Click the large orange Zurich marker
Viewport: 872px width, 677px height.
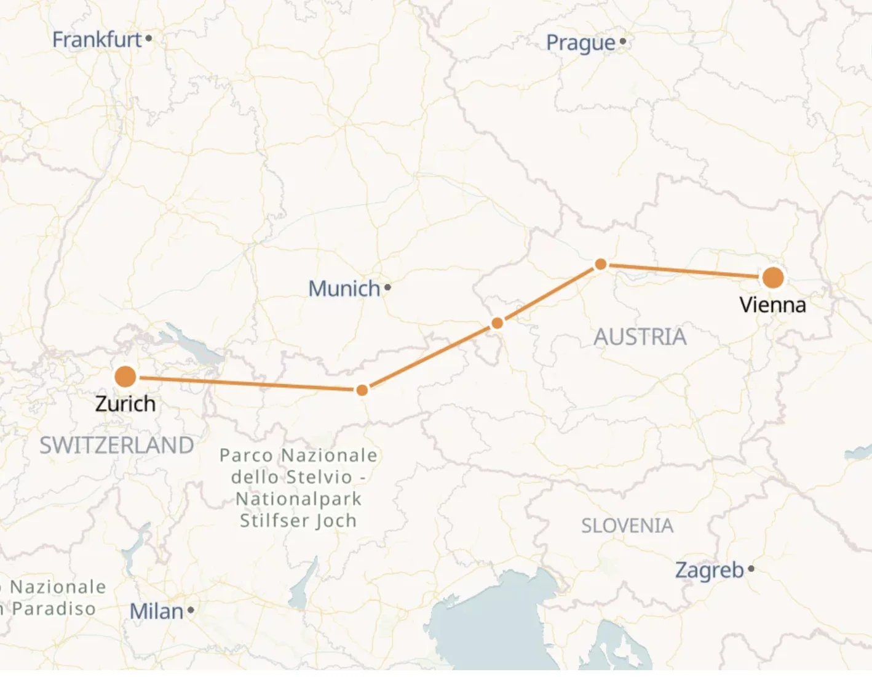coord(125,377)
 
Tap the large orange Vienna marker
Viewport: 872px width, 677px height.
coord(773,278)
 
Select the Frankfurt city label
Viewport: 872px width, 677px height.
coord(97,40)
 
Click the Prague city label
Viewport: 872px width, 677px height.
coord(581,42)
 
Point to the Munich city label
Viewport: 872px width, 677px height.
coord(344,288)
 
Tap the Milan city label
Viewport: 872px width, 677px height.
coord(156,611)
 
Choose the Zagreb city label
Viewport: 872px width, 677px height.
coord(710,570)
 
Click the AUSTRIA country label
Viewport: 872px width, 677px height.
coord(640,337)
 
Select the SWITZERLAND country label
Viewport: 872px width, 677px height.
coord(117,445)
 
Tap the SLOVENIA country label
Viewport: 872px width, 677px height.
coord(627,526)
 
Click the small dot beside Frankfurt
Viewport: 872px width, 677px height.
coord(149,39)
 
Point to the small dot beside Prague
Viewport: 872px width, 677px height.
coord(623,41)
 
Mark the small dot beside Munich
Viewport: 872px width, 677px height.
coord(387,287)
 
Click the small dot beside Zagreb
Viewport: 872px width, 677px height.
coord(751,569)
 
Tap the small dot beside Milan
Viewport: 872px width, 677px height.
coord(191,610)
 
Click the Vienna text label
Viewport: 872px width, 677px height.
coord(772,305)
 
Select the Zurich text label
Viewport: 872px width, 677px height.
coord(125,404)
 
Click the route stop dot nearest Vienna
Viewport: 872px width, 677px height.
coord(601,265)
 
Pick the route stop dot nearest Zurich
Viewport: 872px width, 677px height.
coord(362,390)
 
